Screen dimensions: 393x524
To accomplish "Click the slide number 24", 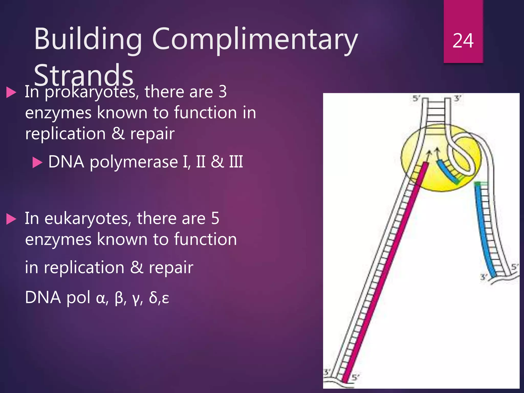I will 463,41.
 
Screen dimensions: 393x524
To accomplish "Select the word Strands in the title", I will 84,75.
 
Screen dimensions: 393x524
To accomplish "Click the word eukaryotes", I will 88,219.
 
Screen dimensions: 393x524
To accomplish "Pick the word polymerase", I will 134,162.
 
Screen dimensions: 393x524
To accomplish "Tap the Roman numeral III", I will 236,162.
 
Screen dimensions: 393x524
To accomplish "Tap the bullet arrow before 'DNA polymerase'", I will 37,163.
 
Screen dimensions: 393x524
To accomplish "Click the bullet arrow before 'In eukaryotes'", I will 11,219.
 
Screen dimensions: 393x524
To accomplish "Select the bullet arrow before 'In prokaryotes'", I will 11,92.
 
